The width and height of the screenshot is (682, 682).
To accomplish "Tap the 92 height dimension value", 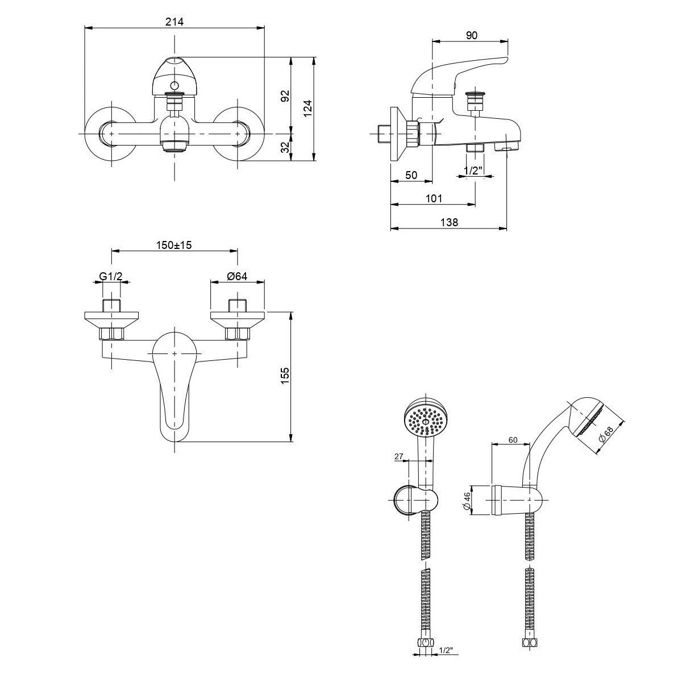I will (x=285, y=95).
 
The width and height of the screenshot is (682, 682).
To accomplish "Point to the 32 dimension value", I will (x=285, y=148).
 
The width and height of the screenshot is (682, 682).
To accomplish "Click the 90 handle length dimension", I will (x=471, y=35).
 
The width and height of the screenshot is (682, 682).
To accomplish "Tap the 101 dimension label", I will (x=433, y=198).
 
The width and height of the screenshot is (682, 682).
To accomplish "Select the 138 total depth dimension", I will (x=449, y=222).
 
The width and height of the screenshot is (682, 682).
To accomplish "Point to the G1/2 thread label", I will (x=111, y=276).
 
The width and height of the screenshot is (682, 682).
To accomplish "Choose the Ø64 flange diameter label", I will (x=236, y=276).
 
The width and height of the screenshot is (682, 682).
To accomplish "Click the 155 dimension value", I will (x=285, y=376).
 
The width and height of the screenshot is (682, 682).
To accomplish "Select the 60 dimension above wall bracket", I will (x=512, y=439).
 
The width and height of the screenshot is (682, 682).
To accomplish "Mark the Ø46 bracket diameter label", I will (x=467, y=501).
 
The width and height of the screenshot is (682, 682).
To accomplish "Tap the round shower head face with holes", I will (x=426, y=419).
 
